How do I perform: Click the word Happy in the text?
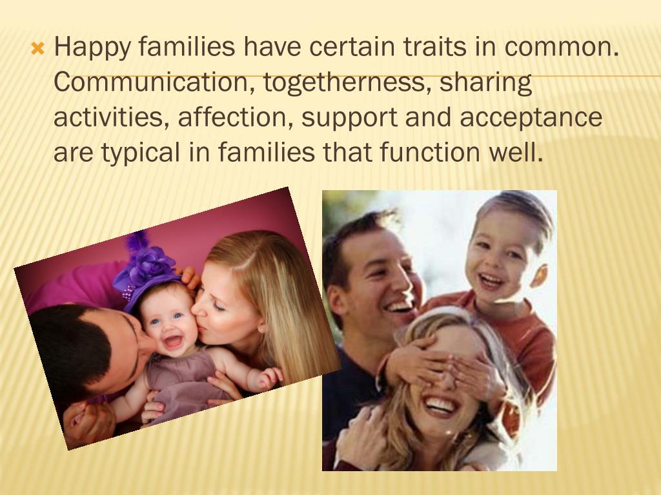[91, 48]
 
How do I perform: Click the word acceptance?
[530, 118]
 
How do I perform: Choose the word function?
[431, 153]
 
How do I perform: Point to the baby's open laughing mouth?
[172, 340]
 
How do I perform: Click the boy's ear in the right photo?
[539, 276]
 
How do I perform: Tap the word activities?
[110, 118]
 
